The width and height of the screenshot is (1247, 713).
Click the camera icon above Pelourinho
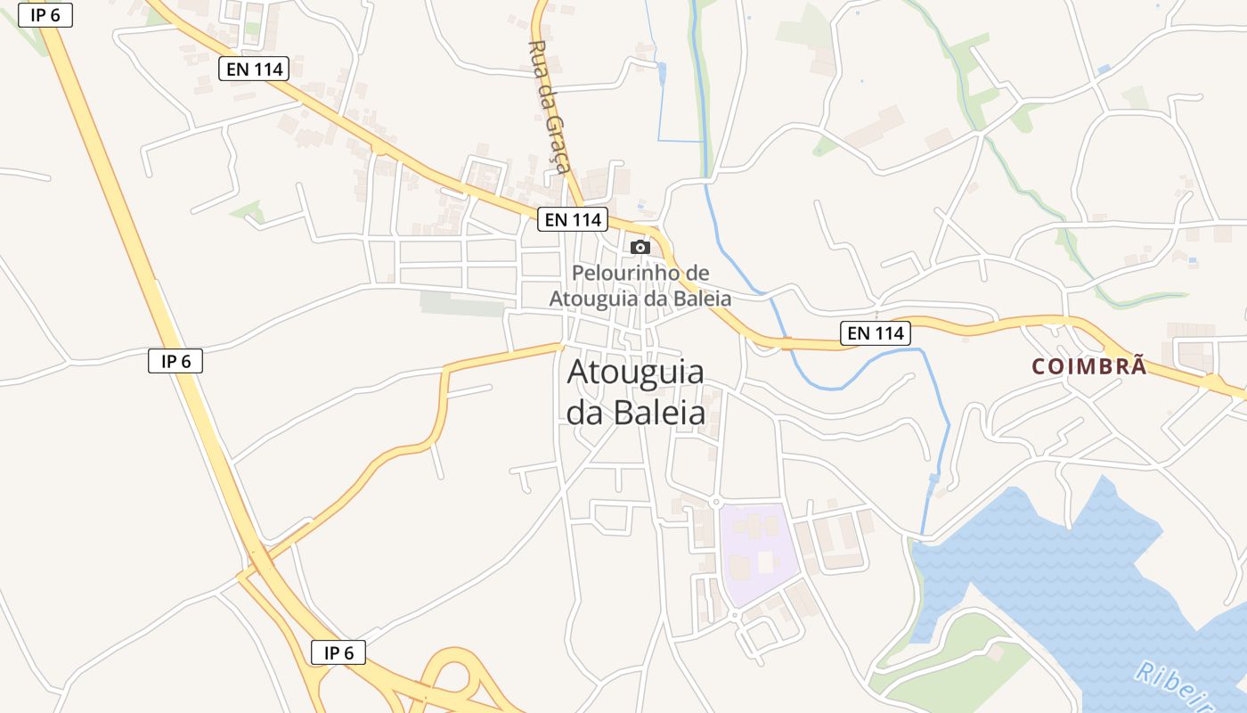point(640,247)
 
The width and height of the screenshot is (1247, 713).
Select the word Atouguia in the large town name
point(635,372)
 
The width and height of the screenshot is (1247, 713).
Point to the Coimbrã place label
point(1089,366)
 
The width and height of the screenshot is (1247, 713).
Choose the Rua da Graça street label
point(548,107)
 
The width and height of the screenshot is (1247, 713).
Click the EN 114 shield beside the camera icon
point(572,218)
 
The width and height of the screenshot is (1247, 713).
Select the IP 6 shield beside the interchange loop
point(338,652)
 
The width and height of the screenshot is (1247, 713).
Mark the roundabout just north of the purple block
point(715,503)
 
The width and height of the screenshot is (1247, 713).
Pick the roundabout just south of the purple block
point(734,615)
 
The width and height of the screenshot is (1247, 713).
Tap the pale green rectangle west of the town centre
point(462,303)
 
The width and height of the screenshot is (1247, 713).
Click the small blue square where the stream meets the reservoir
point(933,479)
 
